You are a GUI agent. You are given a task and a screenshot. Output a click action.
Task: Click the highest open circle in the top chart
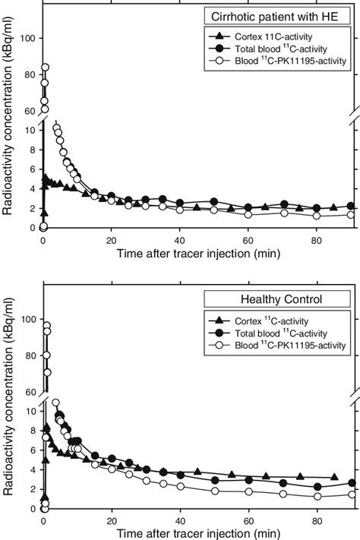pyautogui.click(x=45, y=68)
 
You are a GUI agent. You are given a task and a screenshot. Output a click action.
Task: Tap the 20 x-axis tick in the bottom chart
pyautogui.click(x=112, y=519)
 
